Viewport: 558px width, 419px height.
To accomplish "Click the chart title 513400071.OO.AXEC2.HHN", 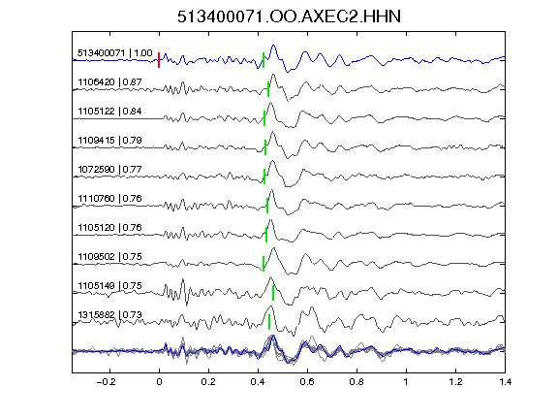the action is pyautogui.click(x=289, y=16).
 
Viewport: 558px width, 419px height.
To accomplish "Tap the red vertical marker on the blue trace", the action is pyautogui.click(x=159, y=60).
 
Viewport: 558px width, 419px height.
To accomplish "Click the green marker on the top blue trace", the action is pyautogui.click(x=263, y=60).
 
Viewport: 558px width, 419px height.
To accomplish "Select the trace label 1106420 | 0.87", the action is pyautogui.click(x=110, y=82).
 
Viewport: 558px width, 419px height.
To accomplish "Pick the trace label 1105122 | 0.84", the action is pyautogui.click(x=110, y=112).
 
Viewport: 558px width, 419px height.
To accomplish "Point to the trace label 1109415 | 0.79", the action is pyautogui.click(x=110, y=141).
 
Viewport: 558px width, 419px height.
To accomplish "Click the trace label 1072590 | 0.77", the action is pyautogui.click(x=110, y=169).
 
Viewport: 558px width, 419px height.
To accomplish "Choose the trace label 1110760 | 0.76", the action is pyautogui.click(x=110, y=199).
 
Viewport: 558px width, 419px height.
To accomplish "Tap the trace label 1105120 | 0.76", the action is pyautogui.click(x=110, y=228).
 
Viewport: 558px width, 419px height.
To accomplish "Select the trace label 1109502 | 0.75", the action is pyautogui.click(x=110, y=257).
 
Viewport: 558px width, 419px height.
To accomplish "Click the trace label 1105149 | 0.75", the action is pyautogui.click(x=110, y=286).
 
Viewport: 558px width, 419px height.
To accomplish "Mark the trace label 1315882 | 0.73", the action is pyautogui.click(x=110, y=315).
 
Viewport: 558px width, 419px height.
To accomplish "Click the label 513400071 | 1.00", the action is pyautogui.click(x=115, y=53).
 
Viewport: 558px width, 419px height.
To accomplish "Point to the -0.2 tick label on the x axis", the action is pyautogui.click(x=106, y=382).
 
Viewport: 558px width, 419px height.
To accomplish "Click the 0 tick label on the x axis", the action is pyautogui.click(x=159, y=382).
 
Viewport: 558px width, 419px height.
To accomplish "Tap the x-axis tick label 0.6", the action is pyautogui.click(x=307, y=382).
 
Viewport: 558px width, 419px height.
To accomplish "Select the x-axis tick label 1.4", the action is pyautogui.click(x=505, y=382).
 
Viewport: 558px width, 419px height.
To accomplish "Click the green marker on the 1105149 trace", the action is pyautogui.click(x=273, y=293).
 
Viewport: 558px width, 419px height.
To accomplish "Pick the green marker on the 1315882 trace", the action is pyautogui.click(x=269, y=322).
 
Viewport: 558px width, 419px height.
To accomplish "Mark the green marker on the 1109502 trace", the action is pyautogui.click(x=263, y=264).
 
